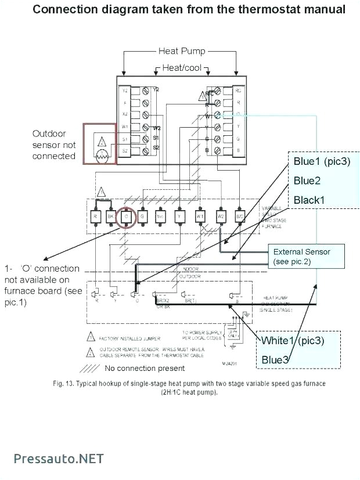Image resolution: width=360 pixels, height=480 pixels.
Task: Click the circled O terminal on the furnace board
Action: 125,216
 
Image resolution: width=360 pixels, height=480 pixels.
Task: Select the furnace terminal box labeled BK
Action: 110,216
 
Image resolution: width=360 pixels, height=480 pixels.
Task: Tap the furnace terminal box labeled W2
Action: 221,216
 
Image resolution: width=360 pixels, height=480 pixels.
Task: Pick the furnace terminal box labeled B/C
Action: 239,216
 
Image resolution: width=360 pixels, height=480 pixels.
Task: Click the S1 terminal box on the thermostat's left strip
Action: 124,139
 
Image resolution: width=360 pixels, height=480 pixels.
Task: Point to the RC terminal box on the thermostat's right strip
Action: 237,91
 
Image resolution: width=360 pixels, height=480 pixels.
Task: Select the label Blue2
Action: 307,181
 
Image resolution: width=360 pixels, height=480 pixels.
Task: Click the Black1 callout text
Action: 309,200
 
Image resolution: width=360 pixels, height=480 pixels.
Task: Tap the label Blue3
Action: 275,360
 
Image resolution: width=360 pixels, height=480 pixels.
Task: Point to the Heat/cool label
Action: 182,68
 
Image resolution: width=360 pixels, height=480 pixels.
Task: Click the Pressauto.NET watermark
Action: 59,459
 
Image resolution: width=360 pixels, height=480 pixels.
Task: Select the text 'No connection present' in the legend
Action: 145,368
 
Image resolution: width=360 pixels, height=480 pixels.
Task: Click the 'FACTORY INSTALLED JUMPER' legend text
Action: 129,338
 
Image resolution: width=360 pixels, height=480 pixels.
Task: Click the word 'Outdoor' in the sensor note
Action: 49,133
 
